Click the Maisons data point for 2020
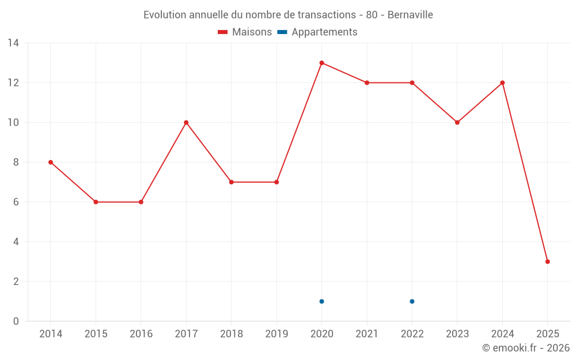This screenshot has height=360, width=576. click(x=321, y=63)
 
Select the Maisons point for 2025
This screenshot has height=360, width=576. click(x=547, y=262)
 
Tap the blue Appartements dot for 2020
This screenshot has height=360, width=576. click(x=321, y=301)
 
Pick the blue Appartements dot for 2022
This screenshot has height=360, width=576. click(x=412, y=301)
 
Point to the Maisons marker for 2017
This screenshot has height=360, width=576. click(x=186, y=122)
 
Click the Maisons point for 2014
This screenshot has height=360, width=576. click(x=51, y=162)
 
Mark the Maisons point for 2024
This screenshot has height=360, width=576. click(x=502, y=82)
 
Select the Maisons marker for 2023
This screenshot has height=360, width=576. click(x=457, y=122)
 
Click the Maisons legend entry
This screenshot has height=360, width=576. click(x=245, y=32)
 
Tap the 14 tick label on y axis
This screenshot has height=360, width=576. click(x=13, y=43)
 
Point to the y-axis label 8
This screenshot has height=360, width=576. click(x=16, y=162)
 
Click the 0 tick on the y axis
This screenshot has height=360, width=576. click(x=16, y=321)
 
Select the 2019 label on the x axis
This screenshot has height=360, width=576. click(x=276, y=334)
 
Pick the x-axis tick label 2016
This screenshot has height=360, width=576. click(x=141, y=334)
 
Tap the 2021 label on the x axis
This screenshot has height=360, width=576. click(x=367, y=334)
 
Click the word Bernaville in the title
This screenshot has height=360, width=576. click(x=410, y=14)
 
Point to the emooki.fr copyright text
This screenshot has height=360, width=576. click(x=525, y=348)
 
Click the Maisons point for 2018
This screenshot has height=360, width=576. click(x=231, y=182)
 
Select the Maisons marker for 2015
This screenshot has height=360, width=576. click(x=96, y=202)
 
